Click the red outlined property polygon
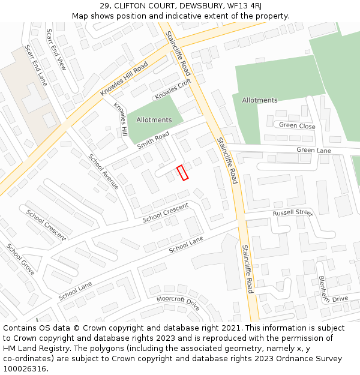pos(182,172)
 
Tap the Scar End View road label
pos(56,50)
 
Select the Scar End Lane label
pos(35,64)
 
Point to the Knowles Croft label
pos(173,89)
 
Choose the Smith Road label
pos(153,141)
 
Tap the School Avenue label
pos(103,172)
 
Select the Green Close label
pos(297,126)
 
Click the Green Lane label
pos(313,150)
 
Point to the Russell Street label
pos(293,213)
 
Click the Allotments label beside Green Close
pos(260,100)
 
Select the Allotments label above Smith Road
pos(154,120)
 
